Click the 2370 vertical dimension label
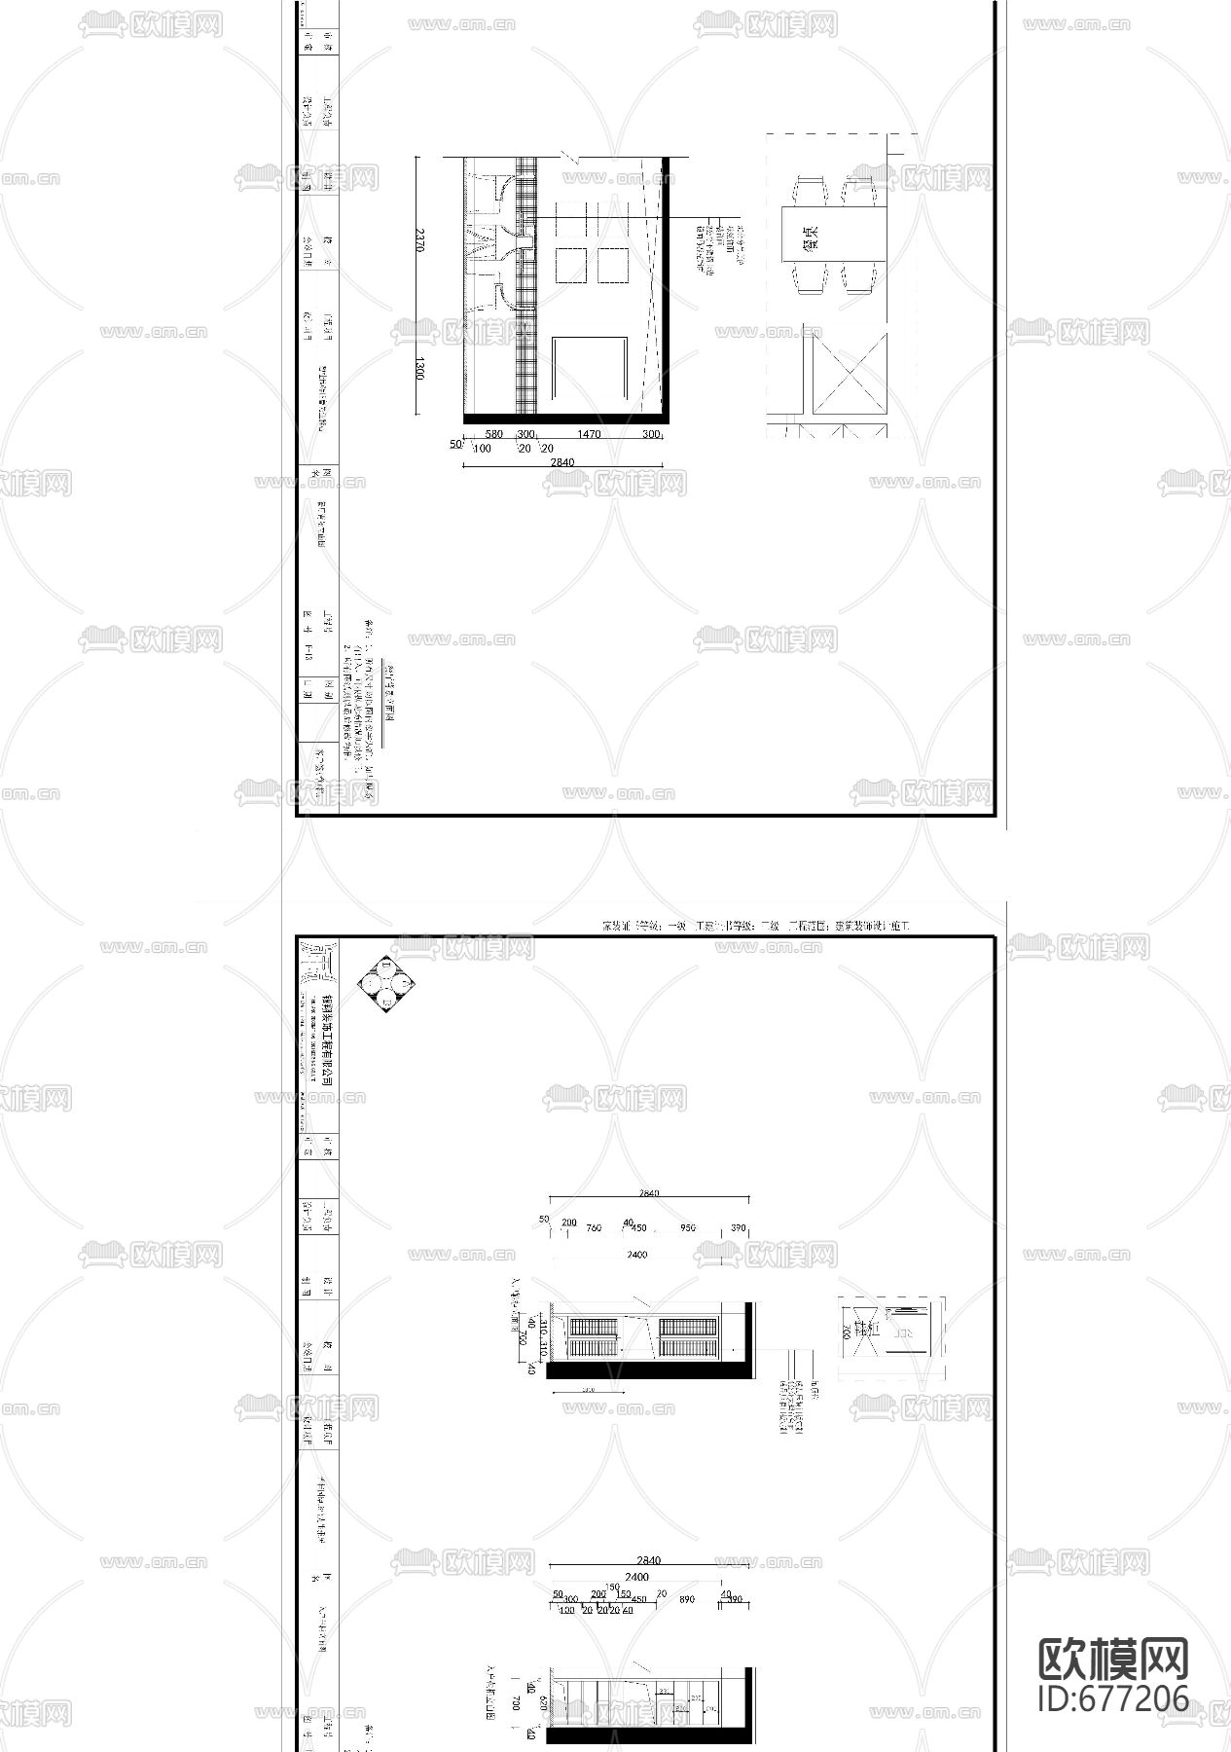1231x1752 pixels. (x=419, y=240)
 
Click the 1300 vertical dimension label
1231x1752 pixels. (x=419, y=370)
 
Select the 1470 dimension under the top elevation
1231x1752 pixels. (x=589, y=435)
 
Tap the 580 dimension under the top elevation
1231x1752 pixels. (x=493, y=435)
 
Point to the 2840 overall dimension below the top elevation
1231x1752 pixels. (x=562, y=462)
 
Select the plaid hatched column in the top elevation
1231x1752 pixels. (x=526, y=292)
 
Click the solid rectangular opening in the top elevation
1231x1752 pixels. (x=590, y=368)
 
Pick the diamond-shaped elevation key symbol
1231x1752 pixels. (x=386, y=985)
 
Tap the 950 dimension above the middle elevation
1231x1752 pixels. (x=688, y=1228)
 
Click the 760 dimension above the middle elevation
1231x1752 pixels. (x=594, y=1228)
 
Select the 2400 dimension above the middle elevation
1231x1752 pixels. (x=636, y=1256)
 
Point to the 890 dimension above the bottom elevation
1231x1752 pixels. (x=687, y=1599)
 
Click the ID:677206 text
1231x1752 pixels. (x=1113, y=1698)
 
